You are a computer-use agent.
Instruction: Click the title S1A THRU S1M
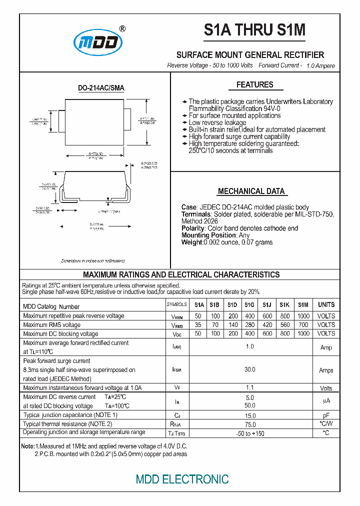point(254,31)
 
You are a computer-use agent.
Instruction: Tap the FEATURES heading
point(254,85)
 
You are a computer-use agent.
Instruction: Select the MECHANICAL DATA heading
point(251,191)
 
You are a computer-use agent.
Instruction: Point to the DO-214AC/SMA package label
point(101,88)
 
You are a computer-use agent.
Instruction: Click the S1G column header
point(249,304)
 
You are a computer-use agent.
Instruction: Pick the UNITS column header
point(326,304)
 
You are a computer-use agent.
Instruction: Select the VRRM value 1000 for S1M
point(303,316)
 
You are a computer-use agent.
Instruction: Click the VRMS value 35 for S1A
point(198,325)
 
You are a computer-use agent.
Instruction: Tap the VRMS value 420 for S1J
point(267,325)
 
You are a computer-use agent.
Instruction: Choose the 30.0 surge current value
point(250,369)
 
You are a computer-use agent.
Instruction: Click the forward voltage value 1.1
point(250,387)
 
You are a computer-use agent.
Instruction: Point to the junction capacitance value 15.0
point(250,415)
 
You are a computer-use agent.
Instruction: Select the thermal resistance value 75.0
point(250,424)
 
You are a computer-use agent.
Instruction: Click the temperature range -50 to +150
point(250,433)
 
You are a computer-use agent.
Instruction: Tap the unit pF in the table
point(326,415)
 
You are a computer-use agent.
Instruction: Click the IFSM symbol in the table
point(176,370)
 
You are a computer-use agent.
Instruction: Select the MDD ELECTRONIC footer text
point(182,479)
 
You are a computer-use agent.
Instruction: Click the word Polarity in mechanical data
point(193,228)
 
